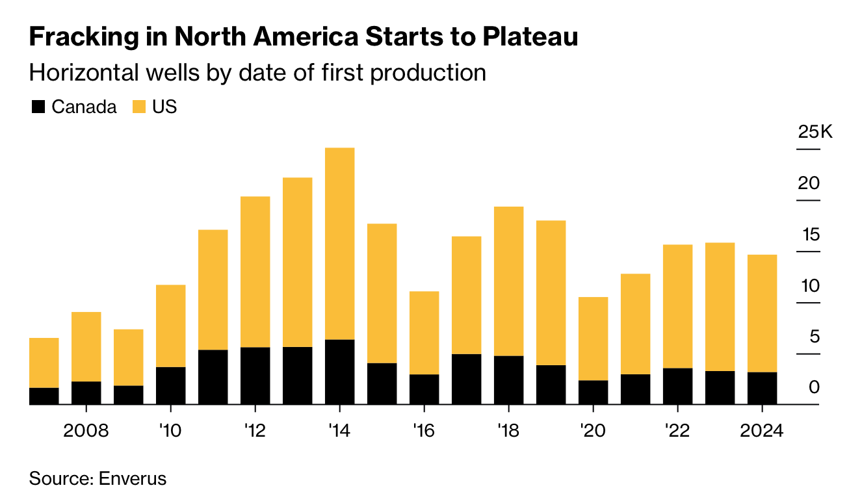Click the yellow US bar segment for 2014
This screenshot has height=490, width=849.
339,244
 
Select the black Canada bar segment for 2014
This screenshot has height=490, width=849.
339,372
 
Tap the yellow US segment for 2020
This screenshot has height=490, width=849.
593,339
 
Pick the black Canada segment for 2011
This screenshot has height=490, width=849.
213,377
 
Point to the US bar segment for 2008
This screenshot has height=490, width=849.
86,346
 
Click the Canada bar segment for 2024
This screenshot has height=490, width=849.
762,388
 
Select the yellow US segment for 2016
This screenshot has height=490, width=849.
424,333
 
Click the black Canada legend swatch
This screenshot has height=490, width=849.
38,107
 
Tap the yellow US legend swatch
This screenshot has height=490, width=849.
139,107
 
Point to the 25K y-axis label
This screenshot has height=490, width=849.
815,133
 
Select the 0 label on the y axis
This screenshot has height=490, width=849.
814,388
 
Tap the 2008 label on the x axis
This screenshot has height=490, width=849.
86,431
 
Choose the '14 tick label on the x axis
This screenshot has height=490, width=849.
339,431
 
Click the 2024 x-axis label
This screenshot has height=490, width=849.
762,431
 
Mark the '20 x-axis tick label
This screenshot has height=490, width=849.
593,431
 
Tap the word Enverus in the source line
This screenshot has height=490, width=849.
132,479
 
